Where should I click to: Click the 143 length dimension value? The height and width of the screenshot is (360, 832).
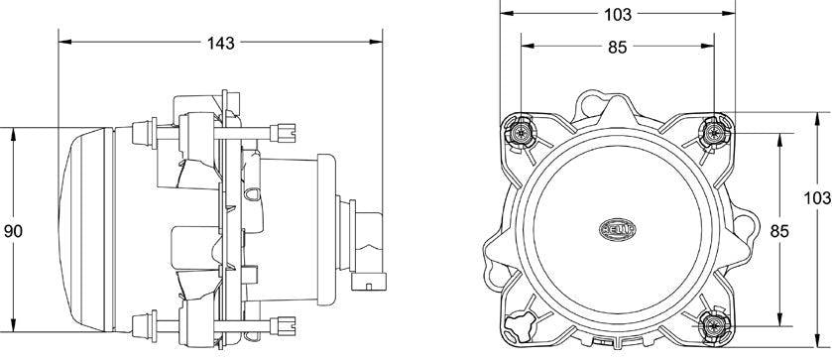221,43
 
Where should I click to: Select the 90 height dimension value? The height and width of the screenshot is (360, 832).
13,231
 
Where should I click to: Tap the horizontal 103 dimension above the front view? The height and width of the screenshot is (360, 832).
618,14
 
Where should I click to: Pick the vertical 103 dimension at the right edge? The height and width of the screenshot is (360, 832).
818,198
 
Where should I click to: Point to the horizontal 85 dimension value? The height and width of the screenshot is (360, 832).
617,48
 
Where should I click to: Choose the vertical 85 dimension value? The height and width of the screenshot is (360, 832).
779,231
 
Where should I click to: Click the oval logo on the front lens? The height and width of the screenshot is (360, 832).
618,230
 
